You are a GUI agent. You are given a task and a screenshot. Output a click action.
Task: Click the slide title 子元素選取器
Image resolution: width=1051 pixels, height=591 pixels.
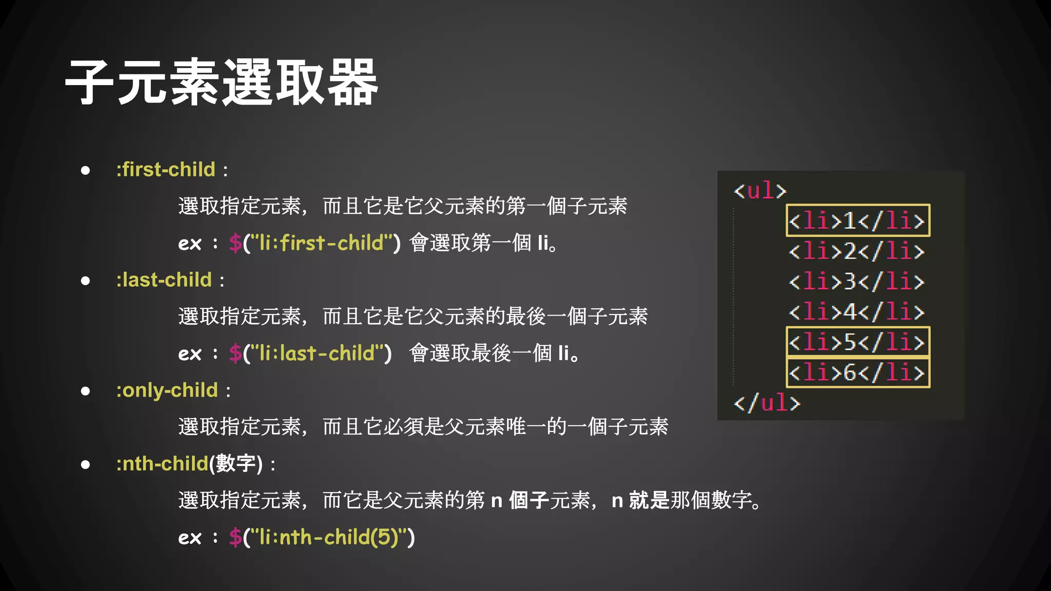(222, 82)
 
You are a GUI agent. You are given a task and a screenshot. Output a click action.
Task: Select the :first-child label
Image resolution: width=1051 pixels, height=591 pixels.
(166, 169)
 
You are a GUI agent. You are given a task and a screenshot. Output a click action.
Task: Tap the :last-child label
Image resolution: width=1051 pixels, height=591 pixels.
(164, 280)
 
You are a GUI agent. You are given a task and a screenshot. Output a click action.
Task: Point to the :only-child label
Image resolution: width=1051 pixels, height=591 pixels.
(167, 390)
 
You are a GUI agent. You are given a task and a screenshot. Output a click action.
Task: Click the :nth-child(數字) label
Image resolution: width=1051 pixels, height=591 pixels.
(189, 464)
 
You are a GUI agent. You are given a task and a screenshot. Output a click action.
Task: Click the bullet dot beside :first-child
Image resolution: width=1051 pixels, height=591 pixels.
(85, 170)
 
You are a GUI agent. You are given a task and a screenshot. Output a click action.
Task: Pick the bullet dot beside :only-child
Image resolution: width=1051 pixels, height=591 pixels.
(85, 391)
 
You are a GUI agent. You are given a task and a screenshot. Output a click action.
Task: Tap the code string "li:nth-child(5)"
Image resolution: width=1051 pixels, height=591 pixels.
(328, 537)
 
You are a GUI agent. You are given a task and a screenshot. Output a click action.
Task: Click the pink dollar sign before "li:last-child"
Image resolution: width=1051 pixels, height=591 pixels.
(235, 353)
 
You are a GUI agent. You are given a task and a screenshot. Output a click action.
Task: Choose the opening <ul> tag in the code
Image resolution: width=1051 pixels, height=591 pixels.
(760, 191)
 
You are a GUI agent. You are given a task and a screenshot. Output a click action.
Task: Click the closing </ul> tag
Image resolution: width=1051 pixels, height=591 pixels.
(767, 403)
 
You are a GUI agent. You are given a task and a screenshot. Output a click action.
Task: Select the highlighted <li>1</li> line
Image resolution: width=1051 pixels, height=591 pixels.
(857, 221)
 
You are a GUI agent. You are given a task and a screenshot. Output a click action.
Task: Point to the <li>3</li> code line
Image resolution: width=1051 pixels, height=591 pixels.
(857, 282)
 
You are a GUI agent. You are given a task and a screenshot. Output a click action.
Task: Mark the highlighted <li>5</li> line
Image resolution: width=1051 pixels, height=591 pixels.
(857, 342)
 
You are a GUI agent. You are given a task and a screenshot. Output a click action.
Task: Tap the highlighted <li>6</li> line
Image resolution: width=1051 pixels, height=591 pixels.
(857, 372)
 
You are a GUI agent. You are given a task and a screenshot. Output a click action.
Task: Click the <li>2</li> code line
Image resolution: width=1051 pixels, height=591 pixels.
(857, 251)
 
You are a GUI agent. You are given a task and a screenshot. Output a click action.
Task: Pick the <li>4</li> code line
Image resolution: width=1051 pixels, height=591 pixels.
(857, 312)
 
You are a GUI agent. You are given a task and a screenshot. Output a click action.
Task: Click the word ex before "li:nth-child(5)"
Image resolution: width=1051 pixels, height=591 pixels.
(189, 538)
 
